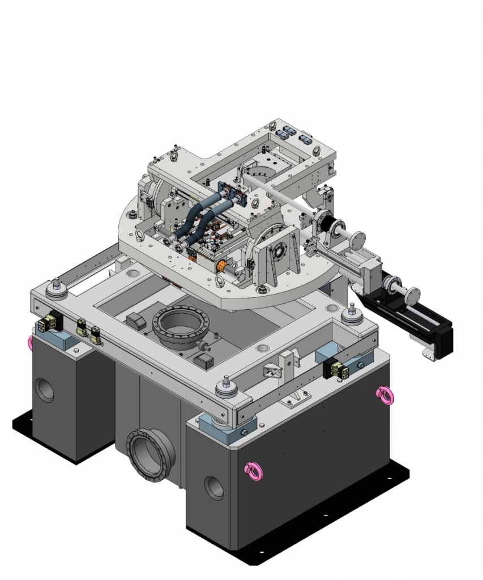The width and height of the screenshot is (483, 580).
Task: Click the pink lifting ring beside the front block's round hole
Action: [x=253, y=471]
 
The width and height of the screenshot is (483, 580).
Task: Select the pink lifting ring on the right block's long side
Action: [x=384, y=395]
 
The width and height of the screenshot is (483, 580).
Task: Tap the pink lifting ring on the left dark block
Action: [x=31, y=342]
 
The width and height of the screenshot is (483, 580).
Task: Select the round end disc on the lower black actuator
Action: [x=413, y=296]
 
